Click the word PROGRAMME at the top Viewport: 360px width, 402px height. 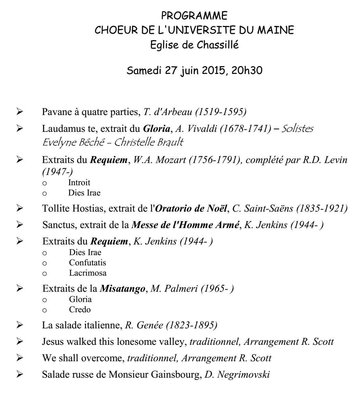[x=194, y=16]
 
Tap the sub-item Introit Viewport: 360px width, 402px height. [x=79, y=183]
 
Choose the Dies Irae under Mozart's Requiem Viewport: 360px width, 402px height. [x=84, y=193]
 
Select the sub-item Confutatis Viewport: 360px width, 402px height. [x=87, y=263]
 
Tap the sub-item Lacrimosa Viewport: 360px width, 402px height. [x=87, y=273]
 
